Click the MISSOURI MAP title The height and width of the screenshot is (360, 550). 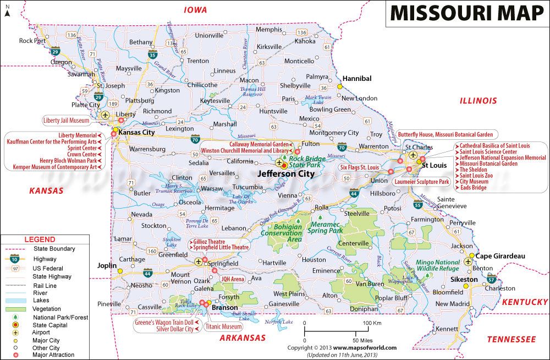click(466, 13)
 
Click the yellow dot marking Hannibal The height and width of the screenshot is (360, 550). click(340, 86)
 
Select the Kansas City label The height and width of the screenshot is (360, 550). click(137, 133)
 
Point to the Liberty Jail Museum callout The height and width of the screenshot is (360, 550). click(66, 119)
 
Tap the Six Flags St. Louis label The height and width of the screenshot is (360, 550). click(359, 167)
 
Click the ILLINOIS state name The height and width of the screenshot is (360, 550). click(478, 101)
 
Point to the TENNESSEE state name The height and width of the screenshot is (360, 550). click(511, 340)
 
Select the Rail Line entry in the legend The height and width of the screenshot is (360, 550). click(45, 286)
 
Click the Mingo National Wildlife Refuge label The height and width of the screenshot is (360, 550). click(438, 266)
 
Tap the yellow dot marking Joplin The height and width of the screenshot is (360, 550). click(120, 270)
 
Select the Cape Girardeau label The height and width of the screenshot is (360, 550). click(500, 256)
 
